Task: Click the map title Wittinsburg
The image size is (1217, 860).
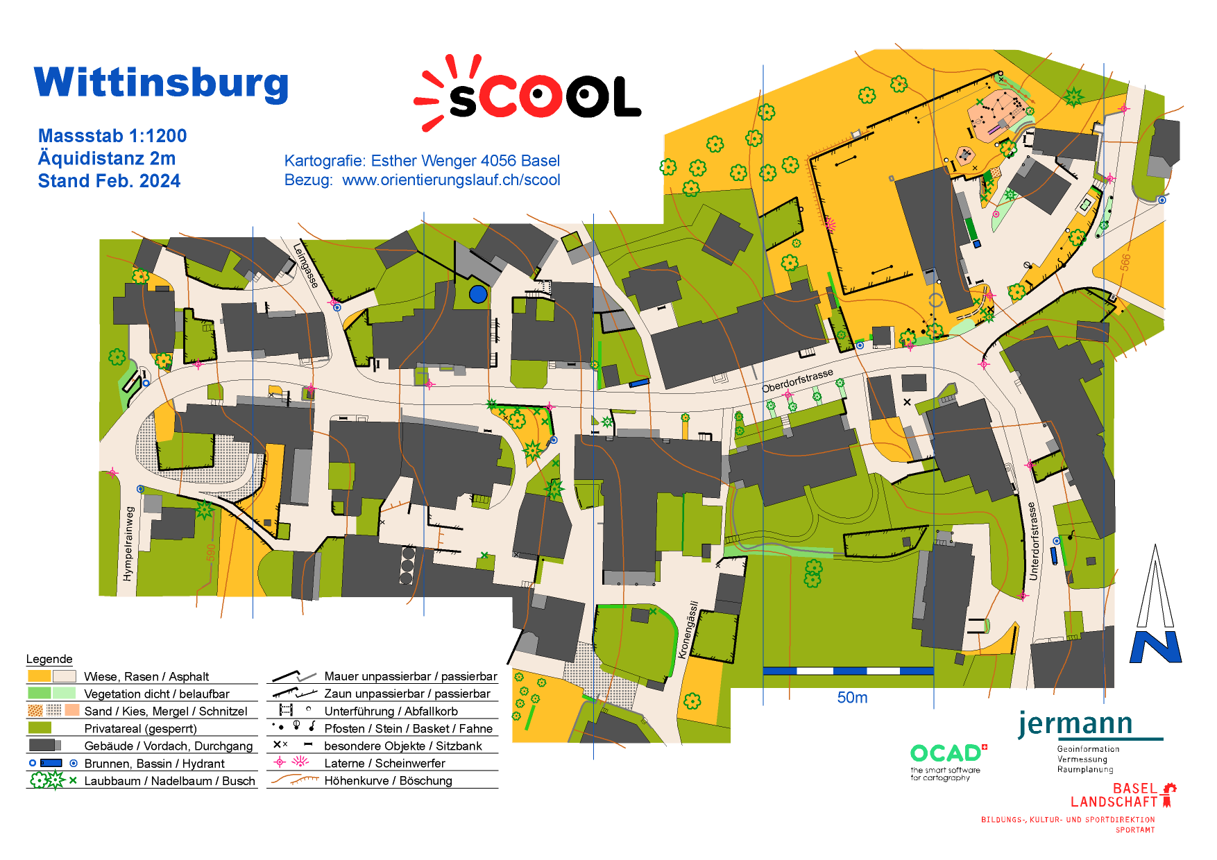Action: [161, 83]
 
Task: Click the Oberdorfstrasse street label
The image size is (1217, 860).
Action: [797, 381]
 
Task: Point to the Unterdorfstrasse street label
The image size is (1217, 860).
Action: [1033, 542]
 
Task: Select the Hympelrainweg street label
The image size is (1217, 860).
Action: [128, 544]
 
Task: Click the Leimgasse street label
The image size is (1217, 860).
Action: [305, 265]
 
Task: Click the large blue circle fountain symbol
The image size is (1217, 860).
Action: [478, 294]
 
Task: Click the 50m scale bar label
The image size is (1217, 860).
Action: [852, 698]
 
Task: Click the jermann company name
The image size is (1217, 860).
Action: [1075, 724]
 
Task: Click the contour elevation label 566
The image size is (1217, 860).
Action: [1125, 262]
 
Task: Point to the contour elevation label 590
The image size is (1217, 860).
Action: [210, 553]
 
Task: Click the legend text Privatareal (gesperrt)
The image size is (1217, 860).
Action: [140, 729]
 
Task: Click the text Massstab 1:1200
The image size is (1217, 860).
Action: [112, 136]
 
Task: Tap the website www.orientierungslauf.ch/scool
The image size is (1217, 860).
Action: [451, 180]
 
